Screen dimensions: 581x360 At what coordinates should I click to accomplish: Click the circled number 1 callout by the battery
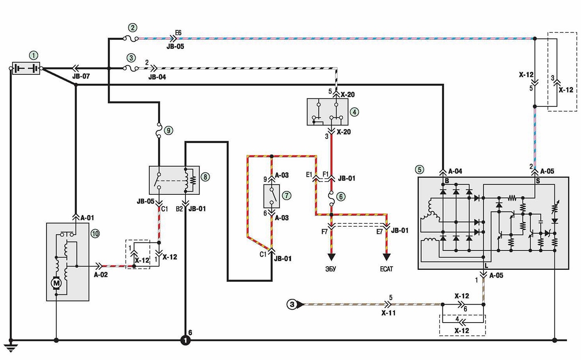(34, 55)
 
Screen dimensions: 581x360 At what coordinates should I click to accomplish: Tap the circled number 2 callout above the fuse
(132, 27)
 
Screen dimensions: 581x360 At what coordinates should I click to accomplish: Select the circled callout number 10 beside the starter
(95, 234)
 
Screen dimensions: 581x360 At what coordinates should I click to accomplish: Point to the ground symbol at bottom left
(11, 346)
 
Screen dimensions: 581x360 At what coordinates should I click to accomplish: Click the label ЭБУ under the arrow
(331, 269)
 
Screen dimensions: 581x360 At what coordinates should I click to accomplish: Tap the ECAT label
(386, 269)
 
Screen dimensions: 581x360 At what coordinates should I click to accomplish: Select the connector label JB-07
(81, 76)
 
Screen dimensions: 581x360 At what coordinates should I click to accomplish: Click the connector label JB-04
(157, 77)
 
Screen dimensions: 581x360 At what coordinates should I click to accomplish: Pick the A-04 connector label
(455, 171)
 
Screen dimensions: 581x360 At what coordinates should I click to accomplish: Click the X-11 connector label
(388, 313)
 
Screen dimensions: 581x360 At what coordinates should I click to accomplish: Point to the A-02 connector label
(100, 274)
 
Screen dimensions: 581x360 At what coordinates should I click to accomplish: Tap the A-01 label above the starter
(87, 218)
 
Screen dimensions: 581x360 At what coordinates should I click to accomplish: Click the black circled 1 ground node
(186, 340)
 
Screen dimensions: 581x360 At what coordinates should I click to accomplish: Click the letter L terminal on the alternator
(486, 266)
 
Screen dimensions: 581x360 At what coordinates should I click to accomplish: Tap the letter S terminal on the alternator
(538, 181)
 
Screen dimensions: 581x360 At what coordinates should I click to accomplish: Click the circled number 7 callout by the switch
(287, 195)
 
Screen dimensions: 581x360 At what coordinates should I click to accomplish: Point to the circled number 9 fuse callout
(168, 130)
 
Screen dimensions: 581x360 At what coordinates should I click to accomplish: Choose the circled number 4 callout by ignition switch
(354, 112)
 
